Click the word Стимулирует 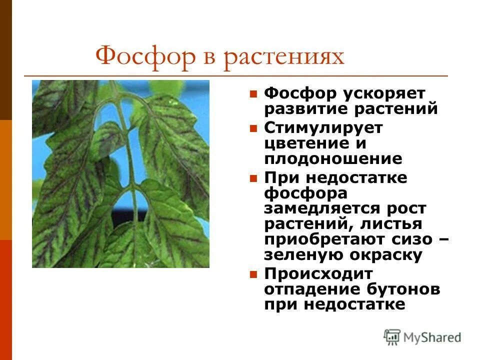[323, 127]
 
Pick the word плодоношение [333, 158]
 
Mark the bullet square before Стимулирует [253, 128]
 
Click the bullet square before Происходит [253, 274]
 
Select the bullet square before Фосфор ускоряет [253, 93]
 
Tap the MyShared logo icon [392, 337]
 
